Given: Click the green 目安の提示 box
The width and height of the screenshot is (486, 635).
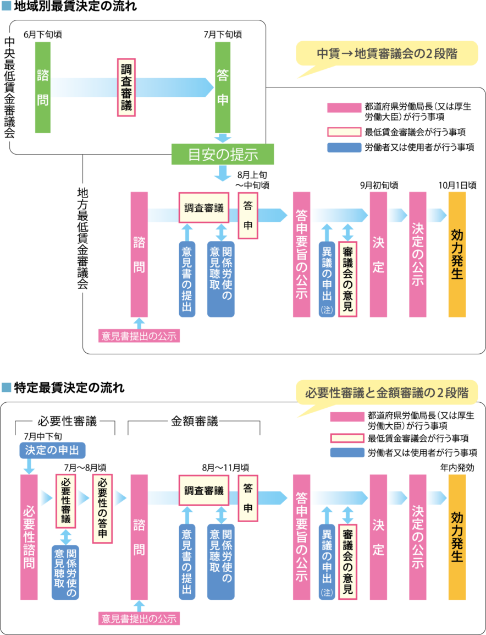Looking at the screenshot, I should (x=222, y=154).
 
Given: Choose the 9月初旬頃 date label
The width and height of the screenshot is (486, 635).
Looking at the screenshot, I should (x=379, y=185).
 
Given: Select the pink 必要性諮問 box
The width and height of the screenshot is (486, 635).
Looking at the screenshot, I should (x=29, y=537).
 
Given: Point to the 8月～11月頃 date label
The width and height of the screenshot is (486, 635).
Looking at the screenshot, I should (x=225, y=467).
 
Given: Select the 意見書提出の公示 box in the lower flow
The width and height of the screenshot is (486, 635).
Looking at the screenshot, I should (x=139, y=618).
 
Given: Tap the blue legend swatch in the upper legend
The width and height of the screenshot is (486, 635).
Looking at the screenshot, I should (x=343, y=147).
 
